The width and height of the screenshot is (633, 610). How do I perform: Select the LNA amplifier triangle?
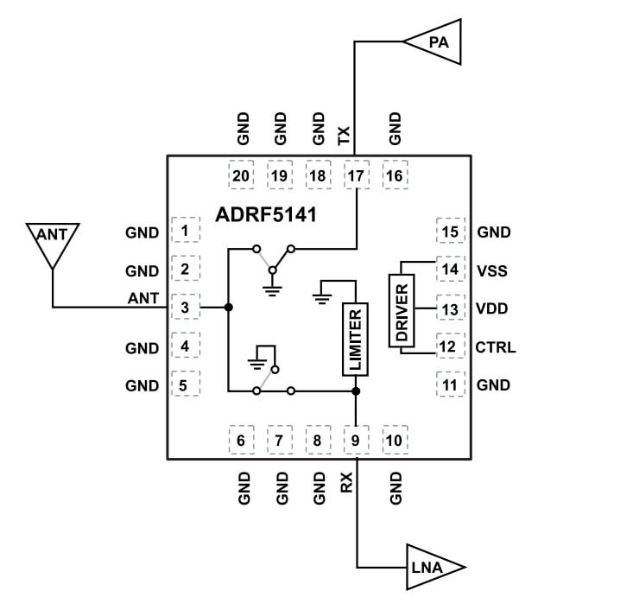pyautogui.click(x=432, y=567)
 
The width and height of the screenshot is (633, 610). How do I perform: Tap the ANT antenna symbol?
pyautogui.click(x=53, y=243)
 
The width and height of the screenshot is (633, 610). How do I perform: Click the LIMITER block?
pyautogui.click(x=355, y=339)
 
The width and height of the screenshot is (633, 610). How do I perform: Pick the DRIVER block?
pyautogui.click(x=402, y=310)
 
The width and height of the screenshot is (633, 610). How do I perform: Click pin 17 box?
pyautogui.click(x=356, y=175)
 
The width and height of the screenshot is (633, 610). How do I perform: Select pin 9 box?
pyautogui.click(x=356, y=441)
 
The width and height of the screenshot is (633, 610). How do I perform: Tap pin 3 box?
pyautogui.click(x=185, y=308)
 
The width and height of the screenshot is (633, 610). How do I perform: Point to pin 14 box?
pyautogui.click(x=449, y=270)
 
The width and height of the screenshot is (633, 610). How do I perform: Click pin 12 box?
pyautogui.click(x=449, y=347)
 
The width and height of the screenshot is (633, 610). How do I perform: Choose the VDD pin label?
pyautogui.click(x=491, y=308)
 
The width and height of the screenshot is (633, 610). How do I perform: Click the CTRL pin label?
pyautogui.click(x=495, y=347)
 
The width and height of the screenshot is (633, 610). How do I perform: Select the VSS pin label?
pyautogui.click(x=491, y=270)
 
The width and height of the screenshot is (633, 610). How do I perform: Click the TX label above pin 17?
pyautogui.click(x=344, y=135)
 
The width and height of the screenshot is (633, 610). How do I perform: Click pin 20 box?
pyautogui.click(x=241, y=175)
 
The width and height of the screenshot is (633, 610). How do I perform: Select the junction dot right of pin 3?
pyautogui.click(x=228, y=308)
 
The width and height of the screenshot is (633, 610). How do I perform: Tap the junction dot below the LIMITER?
pyautogui.click(x=356, y=391)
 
